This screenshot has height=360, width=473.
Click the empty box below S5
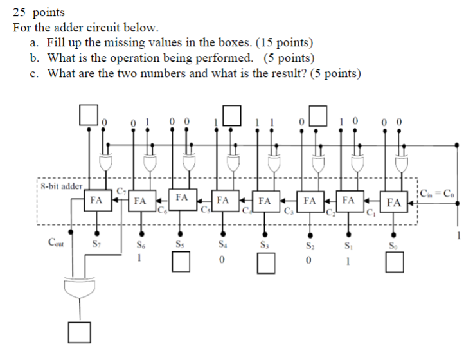click(x=182, y=262)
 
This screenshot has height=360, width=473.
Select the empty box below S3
click(x=265, y=262)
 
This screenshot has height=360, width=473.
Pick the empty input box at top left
click(x=88, y=114)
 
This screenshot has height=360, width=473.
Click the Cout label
click(x=57, y=242)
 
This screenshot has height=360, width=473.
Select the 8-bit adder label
click(x=61, y=186)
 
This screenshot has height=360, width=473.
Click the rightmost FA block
click(x=395, y=203)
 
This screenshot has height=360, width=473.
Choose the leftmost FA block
click(x=96, y=200)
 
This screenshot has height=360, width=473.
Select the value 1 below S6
click(x=139, y=258)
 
